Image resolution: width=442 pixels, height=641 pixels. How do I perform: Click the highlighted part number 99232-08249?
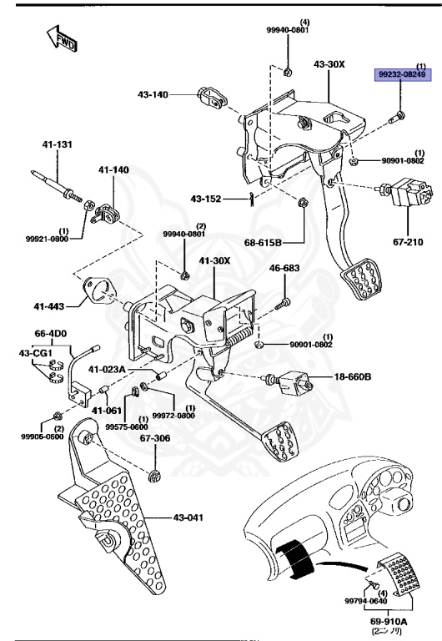[403, 74]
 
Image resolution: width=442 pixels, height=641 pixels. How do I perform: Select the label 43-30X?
[329, 64]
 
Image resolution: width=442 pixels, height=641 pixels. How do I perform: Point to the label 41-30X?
[214, 260]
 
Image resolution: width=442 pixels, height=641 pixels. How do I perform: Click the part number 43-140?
[153, 94]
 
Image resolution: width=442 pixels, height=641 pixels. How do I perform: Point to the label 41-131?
[58, 145]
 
